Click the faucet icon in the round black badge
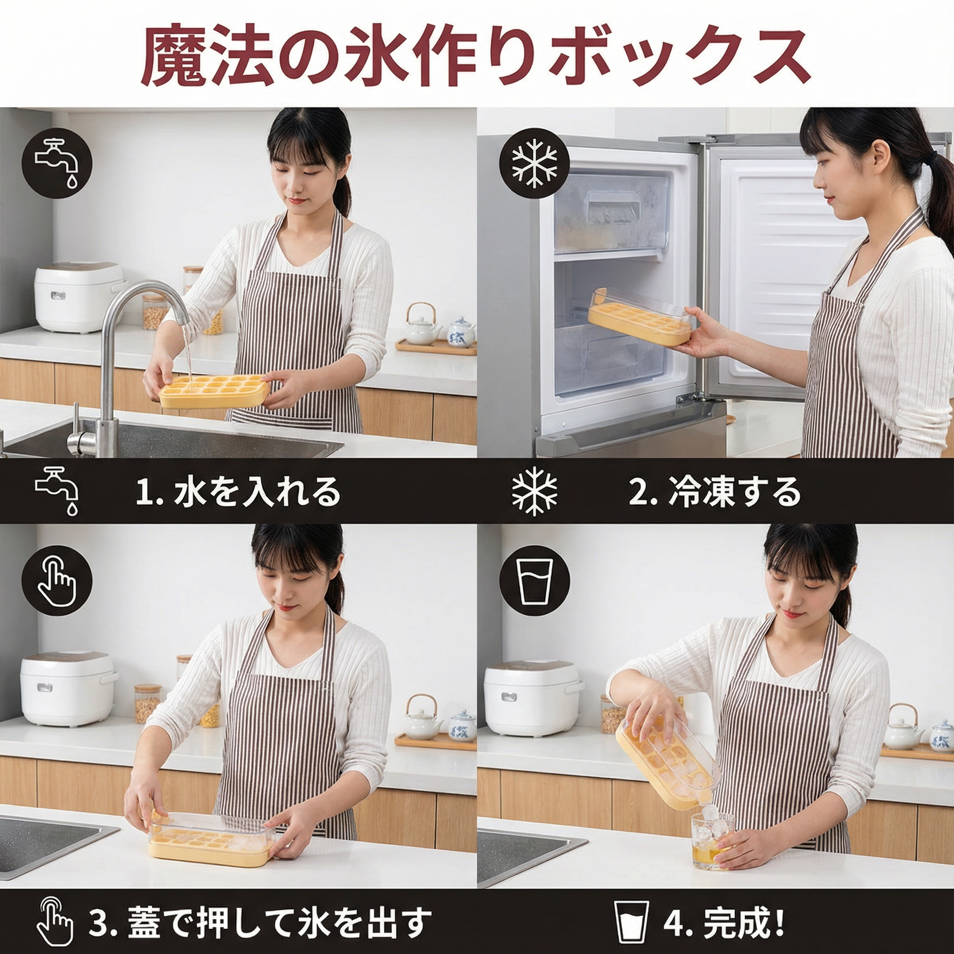pos(57,162)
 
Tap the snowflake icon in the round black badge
pos(534,163)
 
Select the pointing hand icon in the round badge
pos(57,580)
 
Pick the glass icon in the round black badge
pos(534,580)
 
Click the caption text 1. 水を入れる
pos(237,491)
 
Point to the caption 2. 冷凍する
pos(714,491)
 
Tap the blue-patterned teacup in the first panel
pos(461,332)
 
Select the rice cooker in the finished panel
pos(533,698)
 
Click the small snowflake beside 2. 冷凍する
pos(535,491)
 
